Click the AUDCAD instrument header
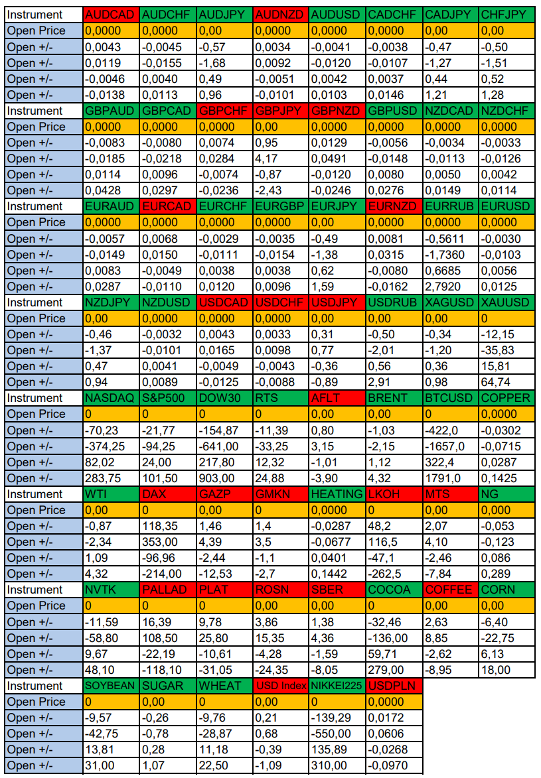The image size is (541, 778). click(x=112, y=15)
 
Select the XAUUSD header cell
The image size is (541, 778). click(x=506, y=302)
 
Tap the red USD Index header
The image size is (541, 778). click(x=280, y=686)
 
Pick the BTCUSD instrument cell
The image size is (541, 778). click(x=449, y=398)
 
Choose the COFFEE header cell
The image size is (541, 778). click(x=449, y=590)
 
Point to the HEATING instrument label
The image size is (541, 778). click(x=337, y=494)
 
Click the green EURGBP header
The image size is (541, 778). click(x=280, y=206)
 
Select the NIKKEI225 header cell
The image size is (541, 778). click(x=337, y=686)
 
